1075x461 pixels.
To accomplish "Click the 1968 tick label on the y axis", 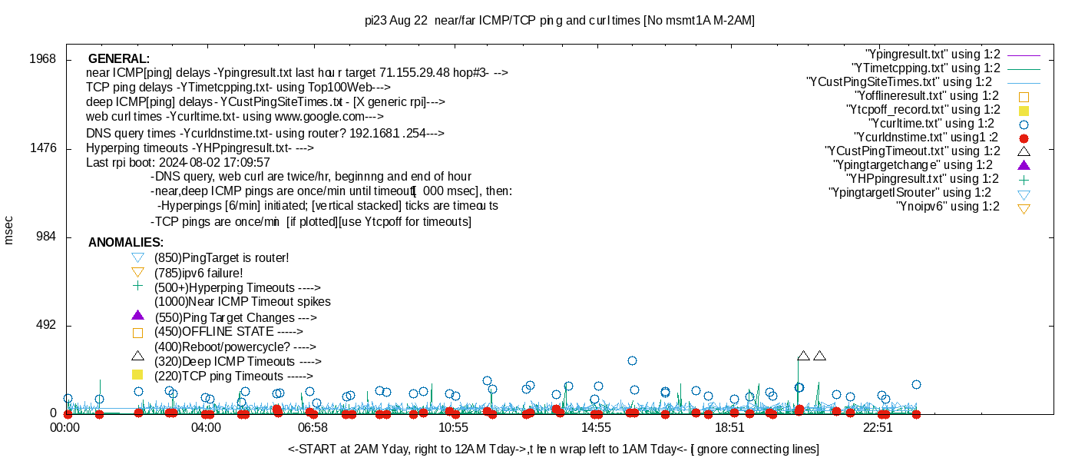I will [x=42, y=59].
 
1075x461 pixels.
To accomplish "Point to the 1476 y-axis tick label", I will [x=42, y=148].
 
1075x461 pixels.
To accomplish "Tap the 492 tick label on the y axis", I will [x=45, y=326].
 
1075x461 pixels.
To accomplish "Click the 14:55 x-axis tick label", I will [x=596, y=427].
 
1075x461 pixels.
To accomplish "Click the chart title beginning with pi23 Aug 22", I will [x=560, y=21].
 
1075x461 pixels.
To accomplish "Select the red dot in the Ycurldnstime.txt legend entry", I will [x=1024, y=138].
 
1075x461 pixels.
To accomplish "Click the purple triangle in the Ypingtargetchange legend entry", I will [x=1024, y=165].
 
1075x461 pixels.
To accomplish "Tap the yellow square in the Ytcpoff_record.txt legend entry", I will [x=1024, y=111].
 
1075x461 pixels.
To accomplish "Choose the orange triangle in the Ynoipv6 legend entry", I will [x=1024, y=207].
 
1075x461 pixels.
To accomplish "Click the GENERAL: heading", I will [x=119, y=59].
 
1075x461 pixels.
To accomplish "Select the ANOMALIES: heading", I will [x=126, y=243].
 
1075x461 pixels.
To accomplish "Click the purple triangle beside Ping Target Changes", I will [x=137, y=315].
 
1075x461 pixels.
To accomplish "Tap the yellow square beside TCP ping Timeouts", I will [x=137, y=375].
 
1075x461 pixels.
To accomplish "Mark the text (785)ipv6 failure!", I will [x=199, y=273].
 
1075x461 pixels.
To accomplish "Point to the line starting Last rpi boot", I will [x=178, y=163].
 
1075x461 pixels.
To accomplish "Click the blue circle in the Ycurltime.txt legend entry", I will [x=1024, y=124].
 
